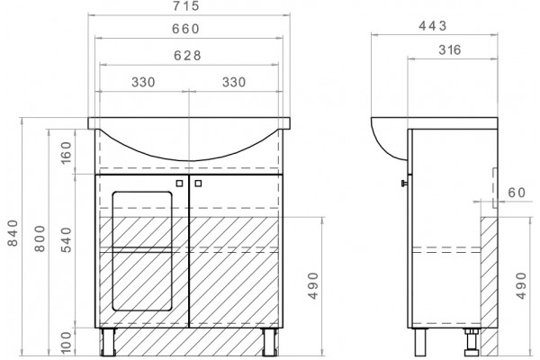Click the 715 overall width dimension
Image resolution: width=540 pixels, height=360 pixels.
click(x=186, y=6)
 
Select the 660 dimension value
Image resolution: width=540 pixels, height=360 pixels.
click(x=186, y=29)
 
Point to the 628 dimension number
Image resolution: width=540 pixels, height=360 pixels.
click(x=187, y=56)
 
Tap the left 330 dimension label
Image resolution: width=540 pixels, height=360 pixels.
click(x=143, y=82)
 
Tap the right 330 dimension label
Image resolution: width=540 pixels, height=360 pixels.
click(x=234, y=82)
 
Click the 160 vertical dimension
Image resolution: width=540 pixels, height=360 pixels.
click(x=66, y=153)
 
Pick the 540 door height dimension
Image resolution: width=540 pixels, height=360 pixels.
click(x=66, y=239)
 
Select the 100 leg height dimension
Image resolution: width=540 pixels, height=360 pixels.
click(x=66, y=342)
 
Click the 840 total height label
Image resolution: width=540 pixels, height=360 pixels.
click(x=13, y=233)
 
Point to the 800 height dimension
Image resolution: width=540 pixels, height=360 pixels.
click(x=40, y=238)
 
